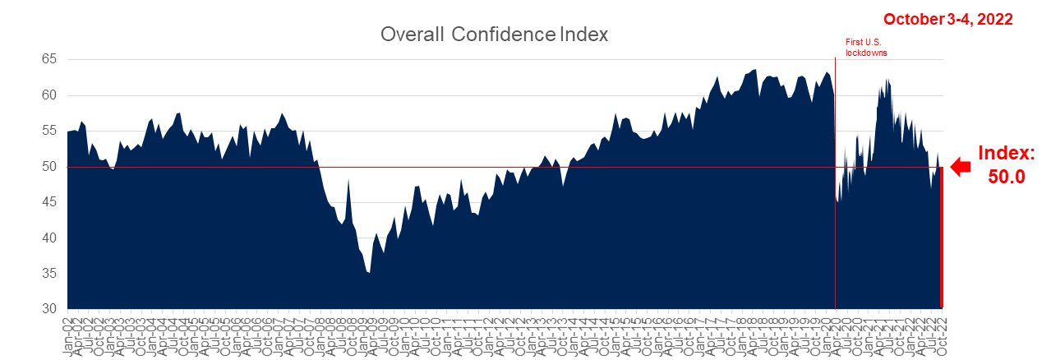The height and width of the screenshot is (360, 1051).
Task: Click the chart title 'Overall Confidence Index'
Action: pos(493,35)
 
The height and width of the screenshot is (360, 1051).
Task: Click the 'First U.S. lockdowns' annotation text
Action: pos(867,47)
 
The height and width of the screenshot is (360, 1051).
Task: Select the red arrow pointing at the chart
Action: pos(960,167)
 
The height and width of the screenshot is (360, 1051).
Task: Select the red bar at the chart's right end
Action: pos(941,238)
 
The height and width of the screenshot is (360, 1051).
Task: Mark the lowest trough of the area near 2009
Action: pos(369,272)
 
